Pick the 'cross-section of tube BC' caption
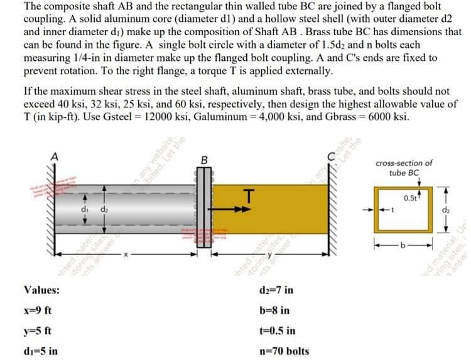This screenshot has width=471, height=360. pos(403,168)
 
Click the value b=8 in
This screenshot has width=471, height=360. pos(274,310)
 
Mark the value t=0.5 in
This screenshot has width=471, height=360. pos(277,330)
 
